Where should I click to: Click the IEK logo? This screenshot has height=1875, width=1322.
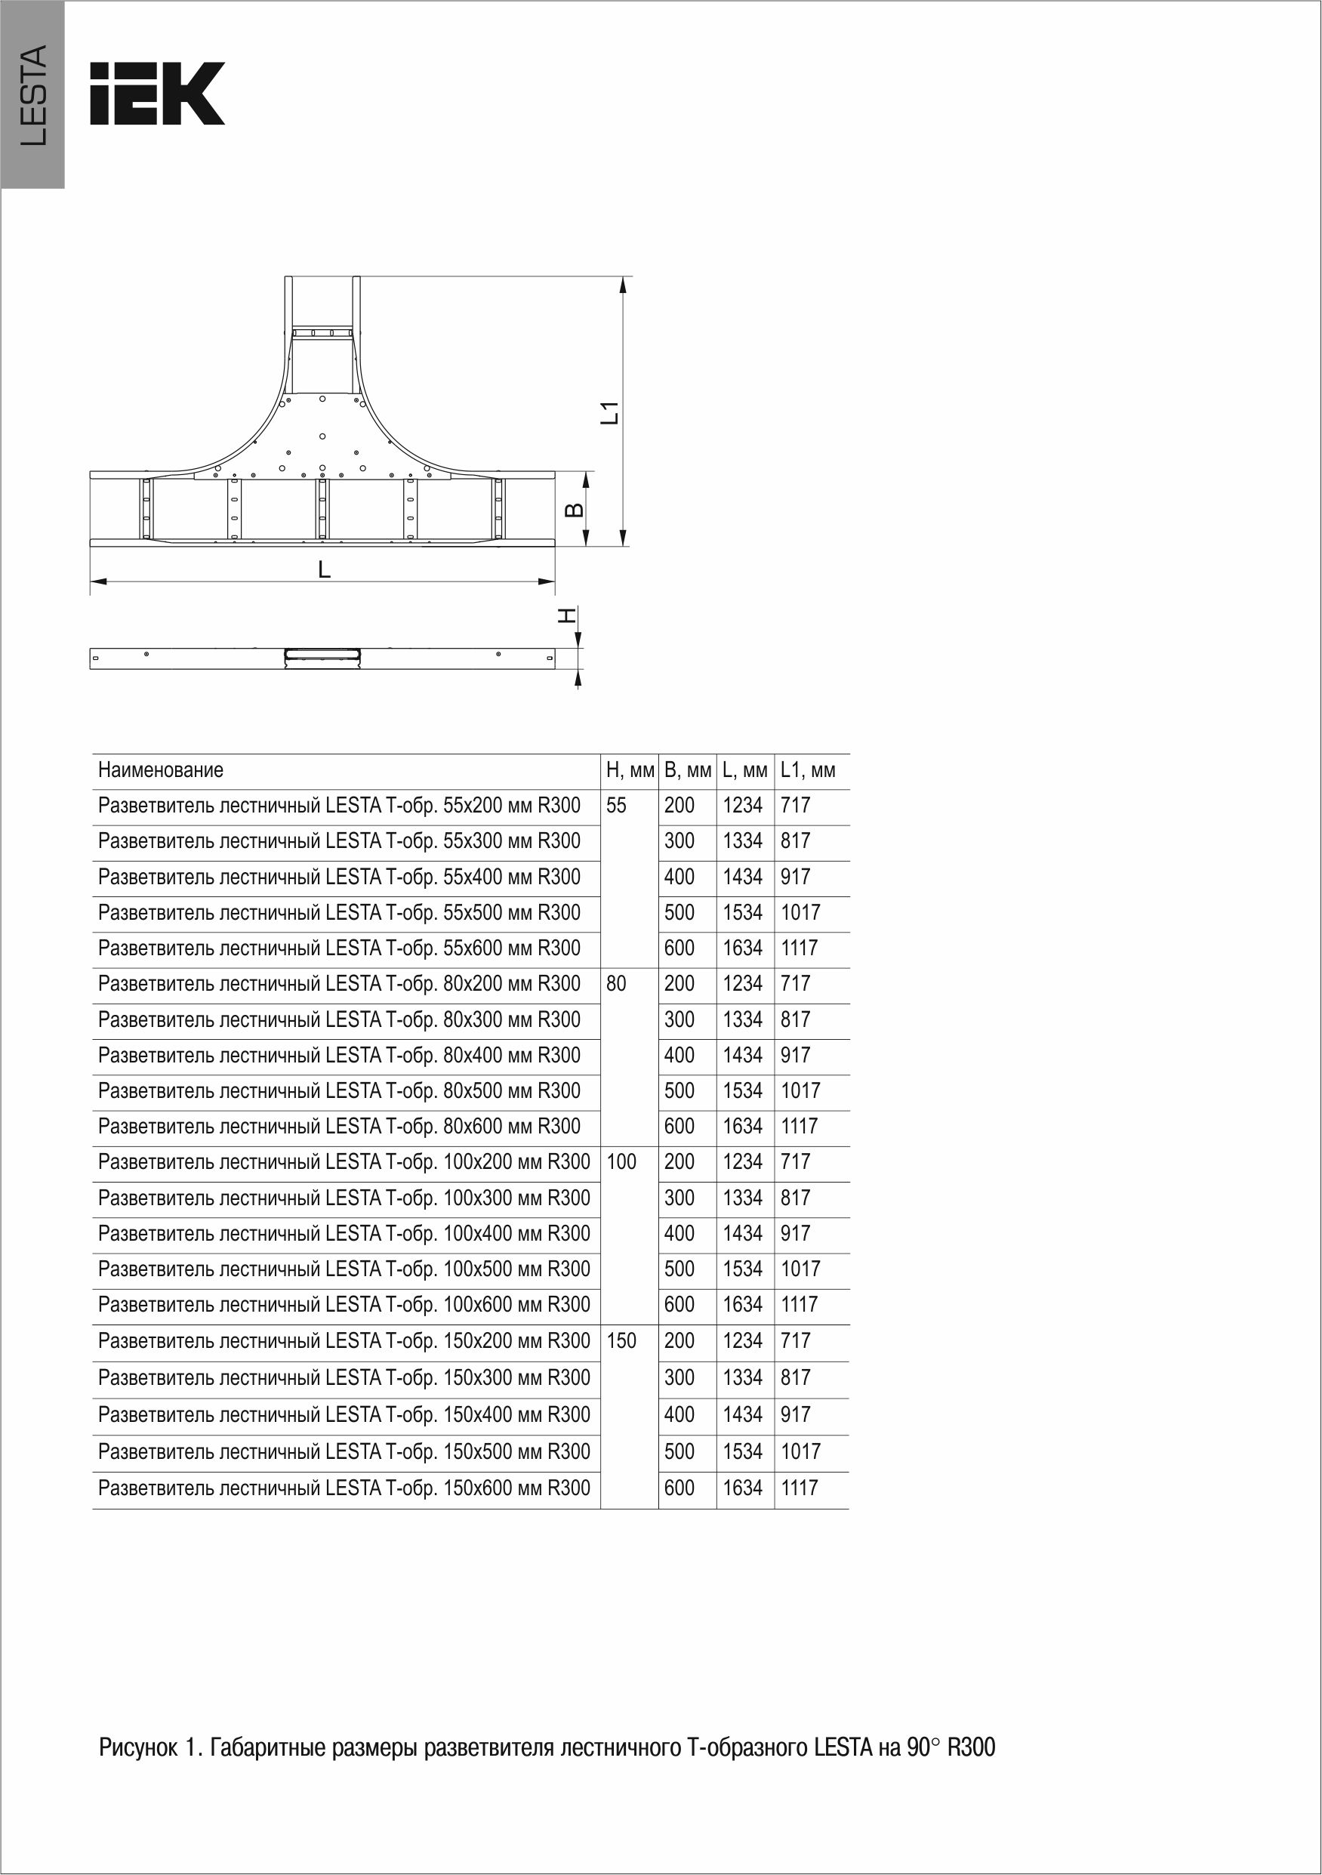click(x=157, y=93)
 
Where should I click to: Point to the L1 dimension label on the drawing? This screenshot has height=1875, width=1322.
click(x=610, y=413)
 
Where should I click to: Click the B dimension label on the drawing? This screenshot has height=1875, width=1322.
click(x=575, y=510)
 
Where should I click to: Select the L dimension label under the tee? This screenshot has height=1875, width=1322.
click(x=324, y=569)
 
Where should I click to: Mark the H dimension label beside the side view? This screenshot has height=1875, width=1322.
click(x=567, y=615)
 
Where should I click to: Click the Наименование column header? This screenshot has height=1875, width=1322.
click(x=161, y=770)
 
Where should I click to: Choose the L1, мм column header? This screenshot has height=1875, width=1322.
click(x=808, y=770)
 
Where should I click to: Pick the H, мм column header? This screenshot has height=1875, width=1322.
click(x=630, y=770)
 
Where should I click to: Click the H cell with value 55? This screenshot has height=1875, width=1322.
click(x=617, y=806)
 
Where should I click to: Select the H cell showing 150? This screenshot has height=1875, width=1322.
click(x=621, y=1341)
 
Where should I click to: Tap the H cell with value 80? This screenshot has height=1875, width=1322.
click(x=617, y=984)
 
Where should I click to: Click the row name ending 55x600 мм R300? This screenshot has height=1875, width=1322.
click(x=339, y=948)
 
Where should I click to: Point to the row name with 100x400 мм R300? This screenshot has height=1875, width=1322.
click(x=344, y=1233)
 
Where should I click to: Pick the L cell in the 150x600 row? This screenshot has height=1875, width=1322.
click(x=742, y=1488)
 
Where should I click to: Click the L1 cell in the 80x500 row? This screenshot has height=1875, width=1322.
click(x=800, y=1091)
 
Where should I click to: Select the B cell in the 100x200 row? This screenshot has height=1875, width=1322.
click(x=679, y=1162)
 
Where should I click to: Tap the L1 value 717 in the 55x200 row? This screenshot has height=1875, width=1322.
click(x=795, y=806)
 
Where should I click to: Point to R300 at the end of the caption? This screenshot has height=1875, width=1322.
click(x=971, y=1748)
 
